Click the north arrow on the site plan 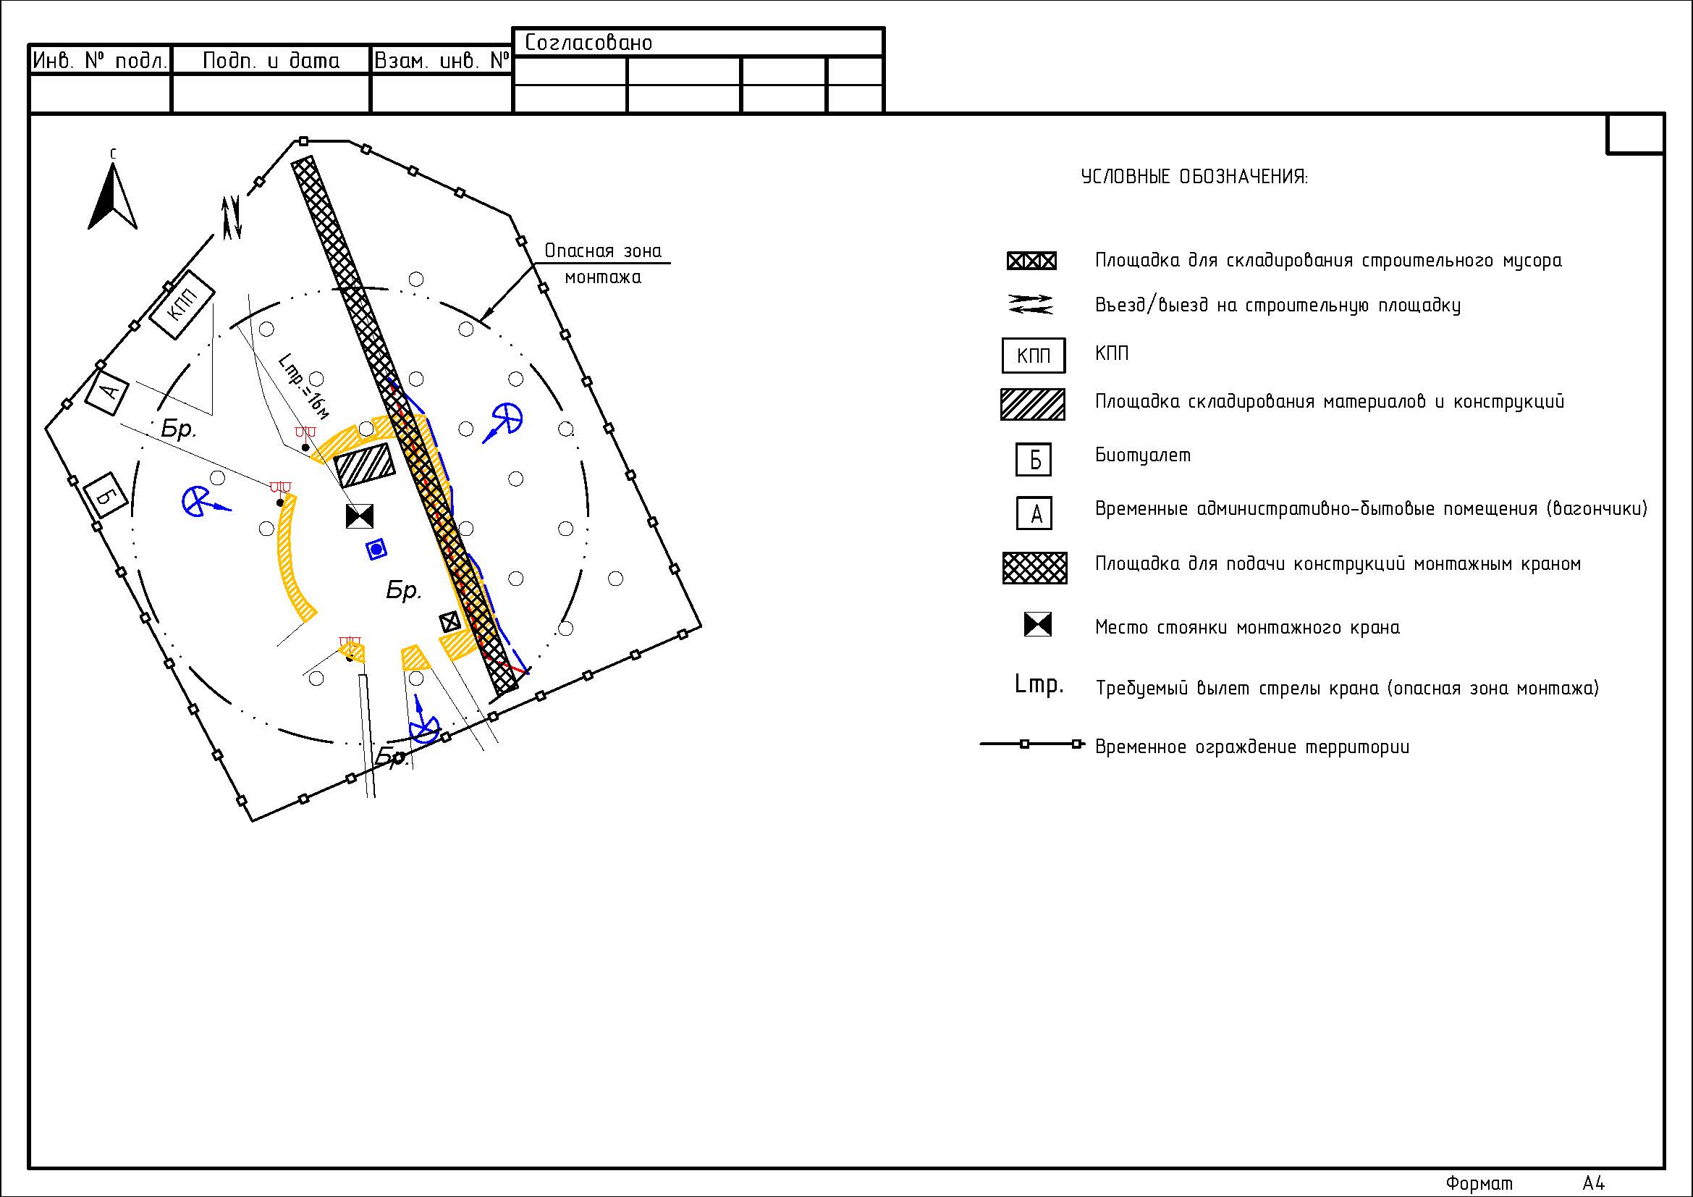pos(113,196)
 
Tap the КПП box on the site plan pos(182,305)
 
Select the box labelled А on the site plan pos(108,391)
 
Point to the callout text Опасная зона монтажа pos(602,264)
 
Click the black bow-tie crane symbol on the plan pos(360,516)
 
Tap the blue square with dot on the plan pos(377,550)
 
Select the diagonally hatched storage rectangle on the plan pos(364,465)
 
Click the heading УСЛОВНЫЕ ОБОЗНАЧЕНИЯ pos(1194,177)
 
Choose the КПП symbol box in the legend pos(1033,356)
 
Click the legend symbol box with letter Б pos(1034,460)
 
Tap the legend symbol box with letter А pos(1034,513)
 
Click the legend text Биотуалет pos(1143,455)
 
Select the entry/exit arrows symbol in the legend pos(1031,305)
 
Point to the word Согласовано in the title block pos(588,43)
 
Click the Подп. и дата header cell pos(271,59)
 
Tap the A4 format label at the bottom pos(1593,1183)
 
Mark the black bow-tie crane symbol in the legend pos(1037,625)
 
